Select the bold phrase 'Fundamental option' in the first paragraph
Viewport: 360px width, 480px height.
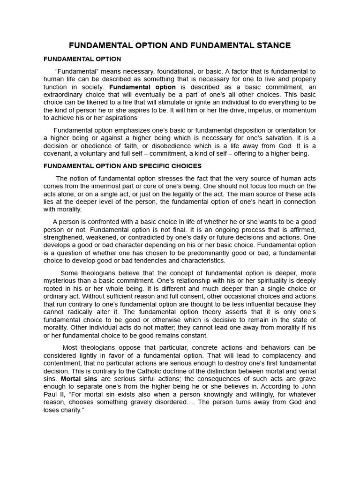coord(142,87)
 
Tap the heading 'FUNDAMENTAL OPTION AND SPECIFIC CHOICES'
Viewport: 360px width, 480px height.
coord(122,166)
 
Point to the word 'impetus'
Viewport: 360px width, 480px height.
coord(249,110)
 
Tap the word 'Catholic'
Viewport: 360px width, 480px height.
coord(143,370)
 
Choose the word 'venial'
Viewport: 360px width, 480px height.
coord(305,370)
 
